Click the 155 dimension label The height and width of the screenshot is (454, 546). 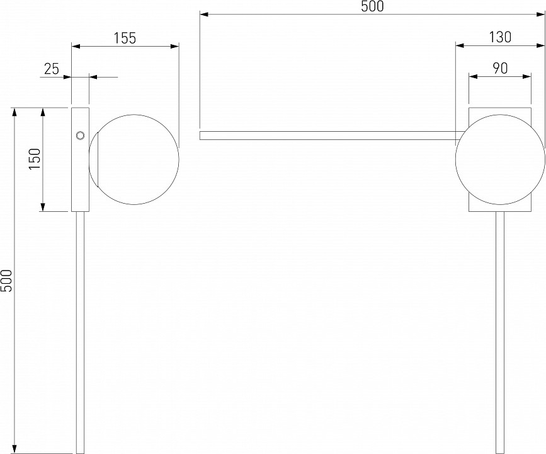tap(125, 38)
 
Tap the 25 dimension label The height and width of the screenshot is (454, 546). tap(52, 69)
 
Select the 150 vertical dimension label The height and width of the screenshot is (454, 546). tap(35, 159)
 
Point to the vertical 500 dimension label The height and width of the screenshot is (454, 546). tap(7, 281)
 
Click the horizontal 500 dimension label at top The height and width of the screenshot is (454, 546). tap(372, 6)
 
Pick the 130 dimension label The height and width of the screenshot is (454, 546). tap(500, 37)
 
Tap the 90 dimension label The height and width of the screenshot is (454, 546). tap(500, 68)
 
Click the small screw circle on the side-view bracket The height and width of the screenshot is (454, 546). tap(80, 136)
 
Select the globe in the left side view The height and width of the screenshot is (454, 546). tap(134, 160)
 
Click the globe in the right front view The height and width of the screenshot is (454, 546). tap(500, 160)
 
